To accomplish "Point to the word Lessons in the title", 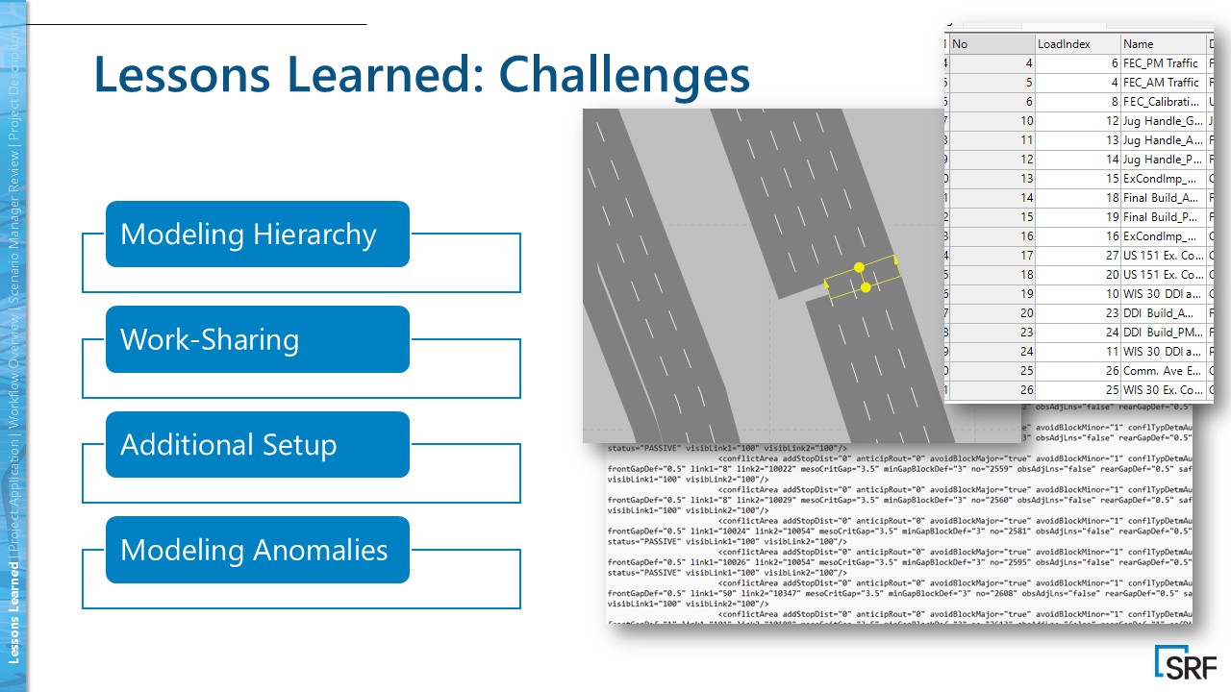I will coord(183,75).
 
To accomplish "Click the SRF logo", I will coord(1185,663).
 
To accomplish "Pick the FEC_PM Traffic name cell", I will coord(1163,63).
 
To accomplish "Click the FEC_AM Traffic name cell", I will coord(1163,83).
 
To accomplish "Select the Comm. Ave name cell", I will coord(1163,371).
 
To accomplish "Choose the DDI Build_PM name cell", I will coord(1163,333).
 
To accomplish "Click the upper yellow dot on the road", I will coord(859,267).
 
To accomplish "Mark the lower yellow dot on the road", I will coord(866,287).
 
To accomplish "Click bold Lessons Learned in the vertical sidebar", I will coord(14,614).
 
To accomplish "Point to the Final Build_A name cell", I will coord(1163,198).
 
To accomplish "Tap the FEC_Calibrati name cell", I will coord(1163,102).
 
